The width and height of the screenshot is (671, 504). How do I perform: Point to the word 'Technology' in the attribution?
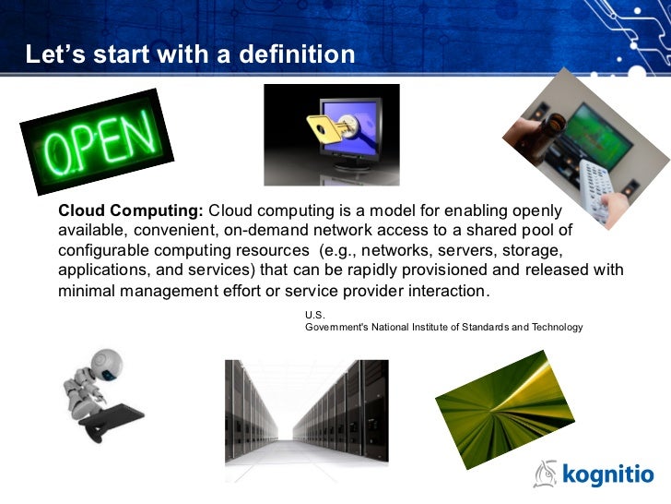click(552, 328)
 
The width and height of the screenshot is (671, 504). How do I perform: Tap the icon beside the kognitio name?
click(546, 474)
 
